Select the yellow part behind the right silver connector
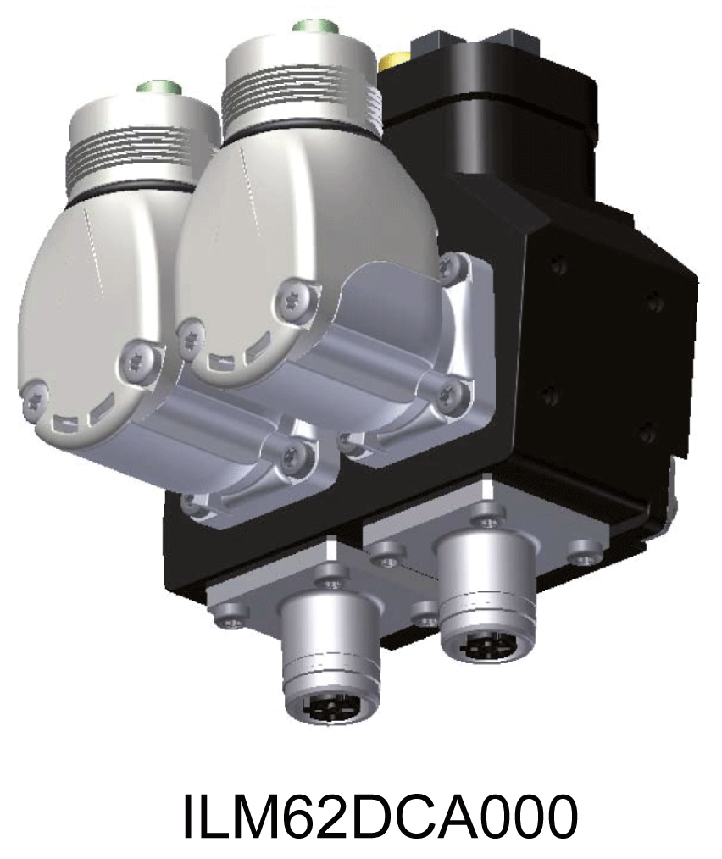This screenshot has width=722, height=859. (394, 62)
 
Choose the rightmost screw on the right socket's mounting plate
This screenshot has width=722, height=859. (584, 557)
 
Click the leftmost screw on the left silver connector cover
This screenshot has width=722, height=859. (35, 396)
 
